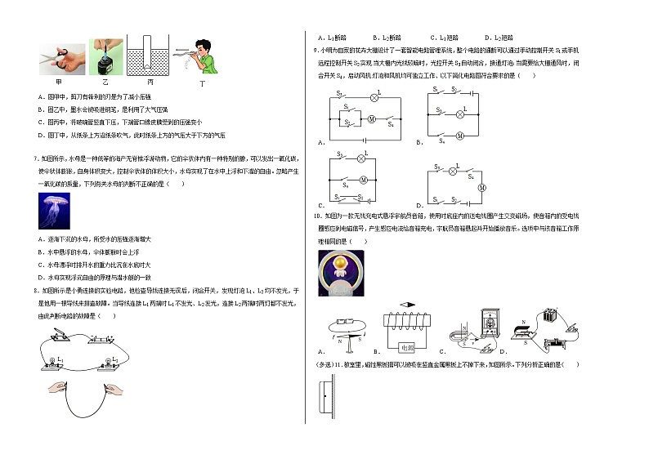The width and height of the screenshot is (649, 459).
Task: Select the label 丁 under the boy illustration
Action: [x=202, y=83]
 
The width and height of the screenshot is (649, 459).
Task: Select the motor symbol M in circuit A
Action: [x=369, y=119]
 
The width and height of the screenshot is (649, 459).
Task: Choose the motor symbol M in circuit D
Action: [x=481, y=188]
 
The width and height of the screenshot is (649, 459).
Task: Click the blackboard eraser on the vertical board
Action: [x=325, y=398]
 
